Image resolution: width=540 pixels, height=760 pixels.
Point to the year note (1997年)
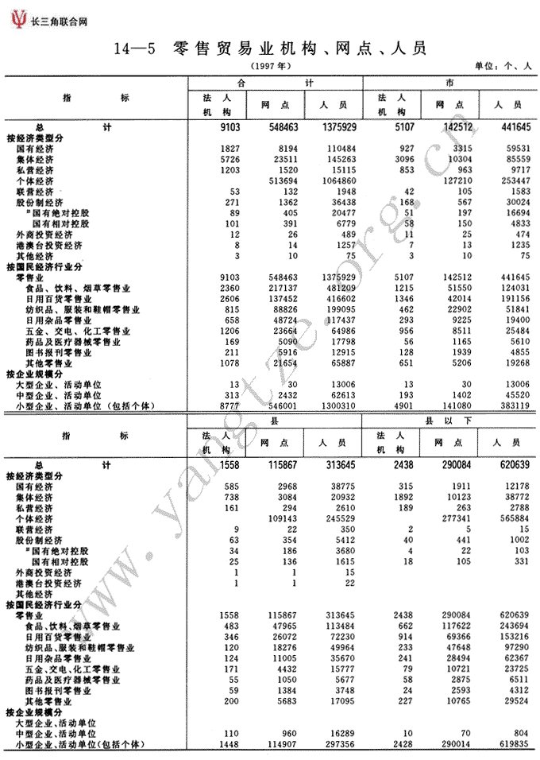[x=272, y=65]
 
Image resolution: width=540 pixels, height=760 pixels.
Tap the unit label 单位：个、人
[x=502, y=67]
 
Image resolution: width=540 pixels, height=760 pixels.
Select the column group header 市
[x=449, y=83]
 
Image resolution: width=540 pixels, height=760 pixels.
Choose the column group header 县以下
[x=449, y=418]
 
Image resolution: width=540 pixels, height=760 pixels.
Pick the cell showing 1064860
[x=337, y=181]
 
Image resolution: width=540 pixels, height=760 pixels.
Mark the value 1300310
[x=337, y=405]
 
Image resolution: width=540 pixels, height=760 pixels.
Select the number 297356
[x=337, y=744]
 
